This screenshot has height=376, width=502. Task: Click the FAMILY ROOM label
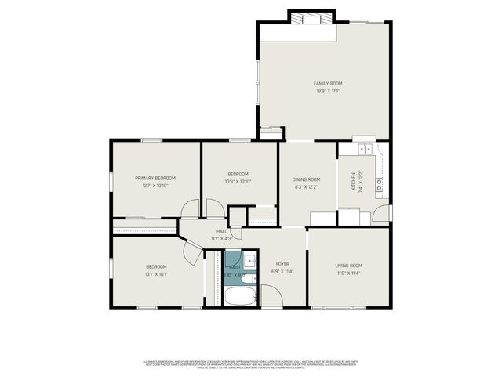(328, 83)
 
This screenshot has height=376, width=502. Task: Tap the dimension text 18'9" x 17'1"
(328, 91)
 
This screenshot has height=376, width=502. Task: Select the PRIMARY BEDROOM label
(155, 178)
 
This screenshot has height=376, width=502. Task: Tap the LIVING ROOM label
(349, 266)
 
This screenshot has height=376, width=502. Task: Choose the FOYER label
(282, 264)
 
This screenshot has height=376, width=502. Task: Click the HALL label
(222, 231)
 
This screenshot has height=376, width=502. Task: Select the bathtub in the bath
(240, 298)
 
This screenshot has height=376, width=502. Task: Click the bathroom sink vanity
(249, 261)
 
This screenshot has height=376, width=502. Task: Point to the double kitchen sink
(364, 148)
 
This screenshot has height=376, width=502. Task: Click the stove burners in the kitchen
(379, 185)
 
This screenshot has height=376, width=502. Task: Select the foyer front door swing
(270, 296)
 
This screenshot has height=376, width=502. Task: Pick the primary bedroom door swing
(190, 209)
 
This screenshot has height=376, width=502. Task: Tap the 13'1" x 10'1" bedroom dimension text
(155, 274)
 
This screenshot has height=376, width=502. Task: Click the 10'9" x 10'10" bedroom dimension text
(238, 182)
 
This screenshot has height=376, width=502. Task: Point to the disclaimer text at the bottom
(251, 363)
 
